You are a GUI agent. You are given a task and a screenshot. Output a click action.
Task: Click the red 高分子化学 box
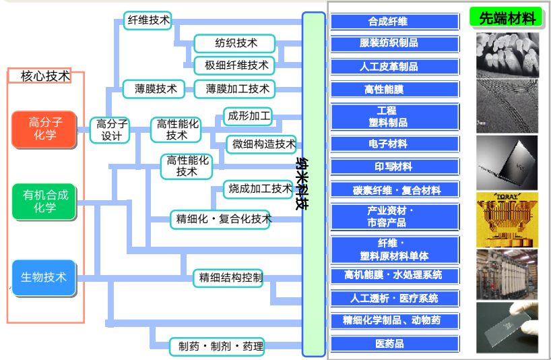tap(45, 129)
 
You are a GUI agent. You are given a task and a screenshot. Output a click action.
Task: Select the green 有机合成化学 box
tap(45, 201)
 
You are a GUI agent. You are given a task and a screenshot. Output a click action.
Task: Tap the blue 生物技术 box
tap(44, 277)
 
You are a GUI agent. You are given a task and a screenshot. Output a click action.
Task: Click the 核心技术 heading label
tap(46, 76)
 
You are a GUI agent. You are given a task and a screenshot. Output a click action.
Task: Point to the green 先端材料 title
tap(506, 18)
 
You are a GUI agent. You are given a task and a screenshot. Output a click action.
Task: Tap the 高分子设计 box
tap(110, 129)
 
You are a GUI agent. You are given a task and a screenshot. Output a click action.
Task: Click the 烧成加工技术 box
tap(259, 189)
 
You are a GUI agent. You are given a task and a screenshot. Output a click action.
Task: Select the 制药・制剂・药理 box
tap(216, 347)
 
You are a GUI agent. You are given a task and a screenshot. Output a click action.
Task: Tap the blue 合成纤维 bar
tap(395, 22)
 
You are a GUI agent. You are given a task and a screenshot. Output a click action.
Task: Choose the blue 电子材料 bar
tap(395, 144)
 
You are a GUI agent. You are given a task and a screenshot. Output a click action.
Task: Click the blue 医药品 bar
tap(395, 344)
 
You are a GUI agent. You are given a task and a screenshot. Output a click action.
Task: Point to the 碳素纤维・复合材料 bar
tap(395, 190)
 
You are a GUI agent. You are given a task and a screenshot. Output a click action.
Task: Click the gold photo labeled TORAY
tap(507, 219)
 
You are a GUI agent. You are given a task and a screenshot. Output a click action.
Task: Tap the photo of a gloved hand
tap(507, 328)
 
